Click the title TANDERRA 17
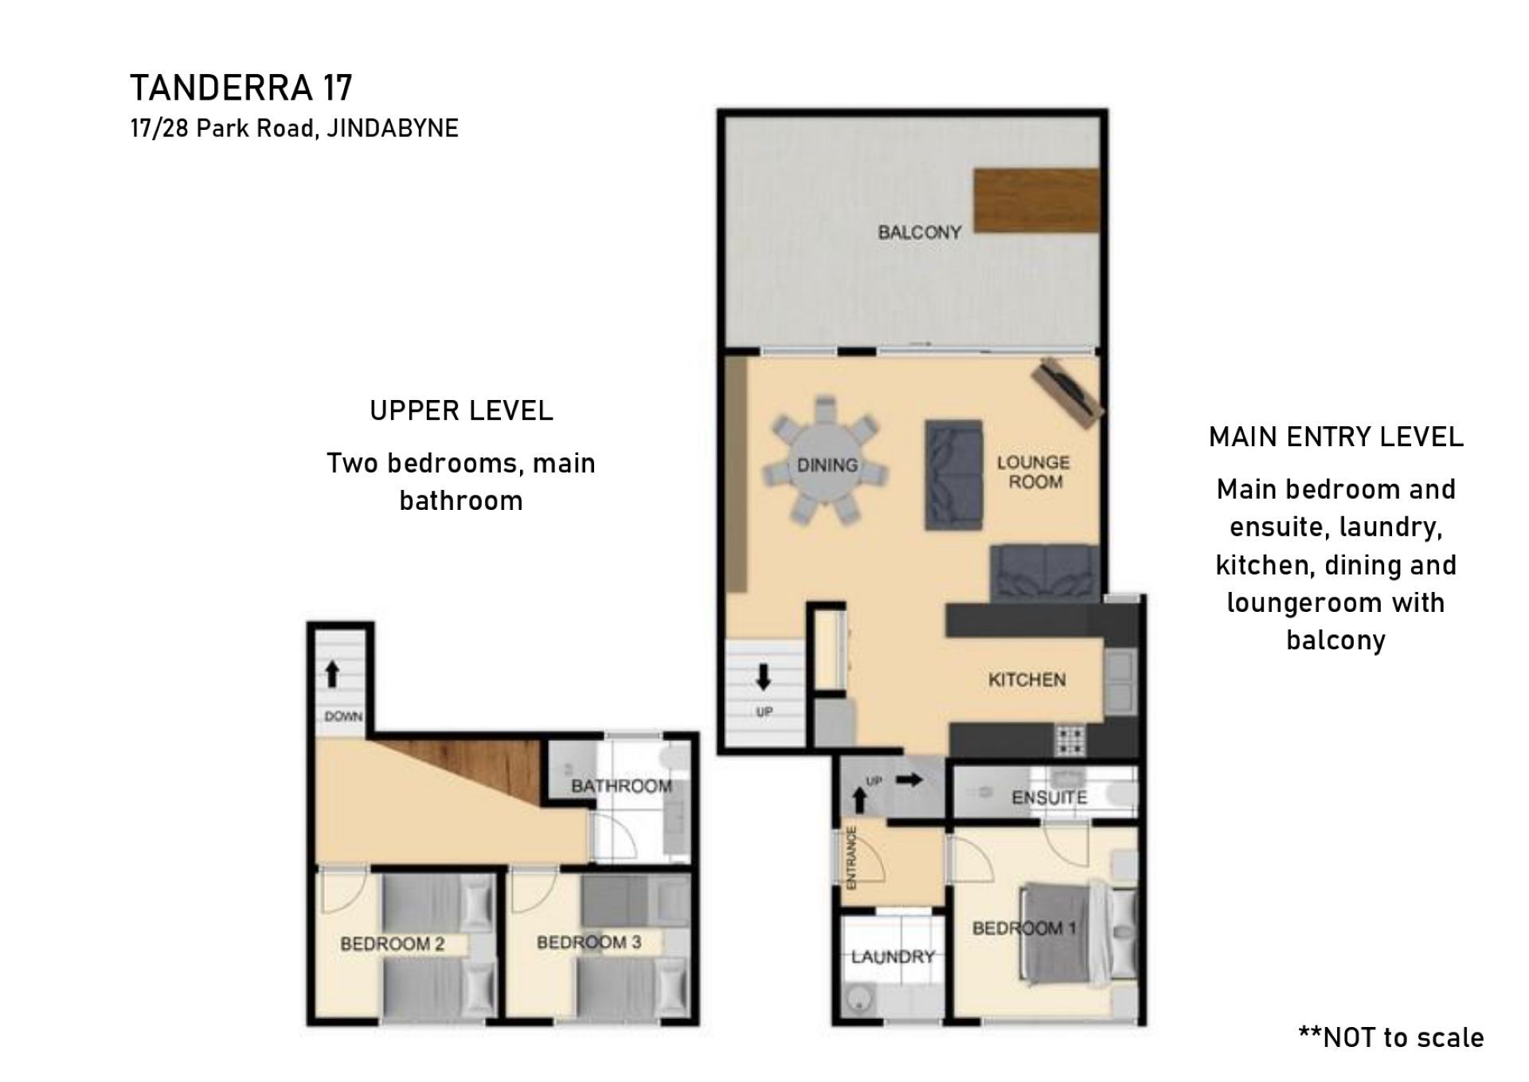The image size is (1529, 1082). tap(241, 88)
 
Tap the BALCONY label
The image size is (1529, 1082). tap(920, 232)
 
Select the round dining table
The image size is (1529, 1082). tap(827, 464)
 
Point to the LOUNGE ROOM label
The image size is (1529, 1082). tap(1034, 472)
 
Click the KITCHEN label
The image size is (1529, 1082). tap(1027, 680)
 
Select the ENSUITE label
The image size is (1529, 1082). tap(1049, 797)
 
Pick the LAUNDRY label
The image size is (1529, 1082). tap(893, 956)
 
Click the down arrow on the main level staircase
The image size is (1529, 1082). tap(763, 676)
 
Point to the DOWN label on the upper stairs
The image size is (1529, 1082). tap(343, 716)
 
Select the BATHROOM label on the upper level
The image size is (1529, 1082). tap(621, 786)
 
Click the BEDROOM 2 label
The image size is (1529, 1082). tap(392, 944)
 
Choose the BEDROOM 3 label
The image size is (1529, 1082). tap(589, 943)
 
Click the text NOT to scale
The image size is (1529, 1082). tap(1402, 1037)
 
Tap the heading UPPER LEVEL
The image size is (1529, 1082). tap(461, 411)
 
